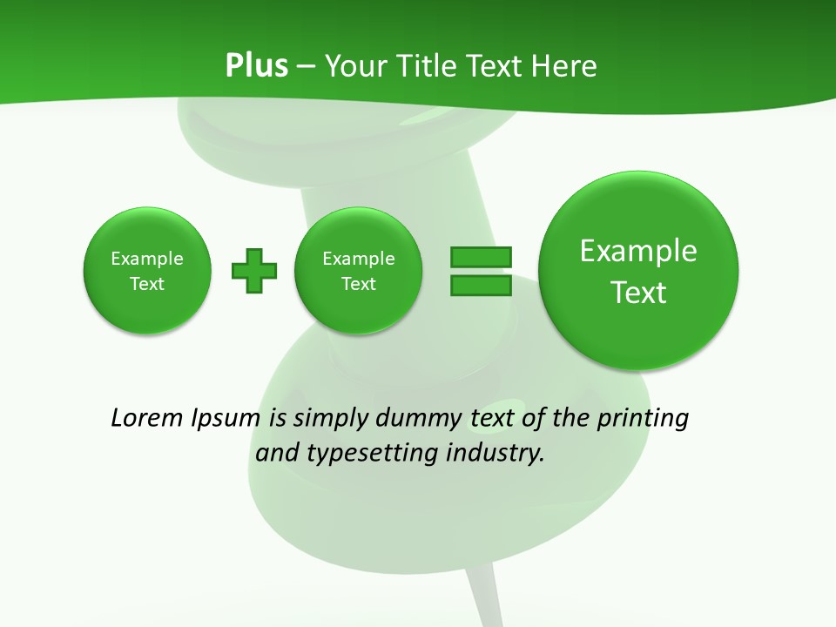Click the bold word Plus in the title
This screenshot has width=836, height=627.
(256, 66)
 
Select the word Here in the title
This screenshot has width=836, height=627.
(565, 66)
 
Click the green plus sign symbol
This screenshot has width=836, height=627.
(254, 271)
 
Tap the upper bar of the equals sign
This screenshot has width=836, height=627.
(481, 257)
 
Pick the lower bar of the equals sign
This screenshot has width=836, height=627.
(481, 285)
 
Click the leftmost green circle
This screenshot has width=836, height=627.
(147, 271)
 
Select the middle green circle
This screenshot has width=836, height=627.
(359, 271)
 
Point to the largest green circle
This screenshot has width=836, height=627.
(638, 271)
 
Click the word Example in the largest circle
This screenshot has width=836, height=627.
(638, 251)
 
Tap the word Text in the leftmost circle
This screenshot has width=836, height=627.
(147, 284)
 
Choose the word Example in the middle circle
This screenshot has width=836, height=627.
(359, 259)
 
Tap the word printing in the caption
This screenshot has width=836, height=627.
(643, 419)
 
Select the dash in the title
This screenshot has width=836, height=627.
(306, 66)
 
